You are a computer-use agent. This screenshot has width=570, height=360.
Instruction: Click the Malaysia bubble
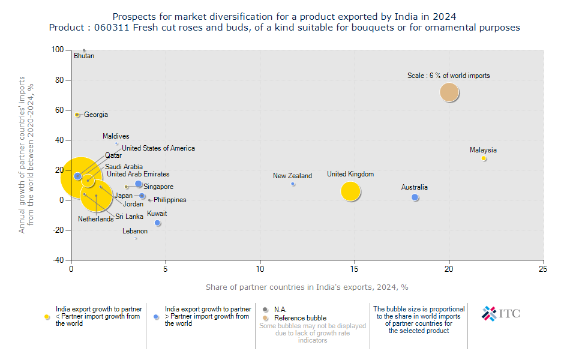click(484, 158)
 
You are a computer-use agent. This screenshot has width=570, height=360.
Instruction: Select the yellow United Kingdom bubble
click(350, 191)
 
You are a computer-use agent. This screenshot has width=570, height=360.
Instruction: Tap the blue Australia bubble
click(415, 197)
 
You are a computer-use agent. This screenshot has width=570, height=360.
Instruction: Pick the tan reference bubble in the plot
click(449, 92)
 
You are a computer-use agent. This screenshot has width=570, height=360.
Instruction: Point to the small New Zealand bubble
click(293, 184)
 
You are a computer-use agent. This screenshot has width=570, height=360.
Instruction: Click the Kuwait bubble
click(157, 223)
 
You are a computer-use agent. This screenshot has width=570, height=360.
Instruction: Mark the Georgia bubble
click(77, 115)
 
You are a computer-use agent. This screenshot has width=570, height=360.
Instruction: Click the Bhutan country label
click(84, 56)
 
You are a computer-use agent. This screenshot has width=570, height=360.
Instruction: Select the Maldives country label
click(116, 137)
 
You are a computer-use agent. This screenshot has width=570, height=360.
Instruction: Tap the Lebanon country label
click(135, 231)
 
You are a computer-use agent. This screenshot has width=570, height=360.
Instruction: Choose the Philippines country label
click(170, 200)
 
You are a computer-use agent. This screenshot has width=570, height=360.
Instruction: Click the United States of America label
click(158, 148)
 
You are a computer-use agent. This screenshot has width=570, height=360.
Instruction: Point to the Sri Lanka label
click(130, 217)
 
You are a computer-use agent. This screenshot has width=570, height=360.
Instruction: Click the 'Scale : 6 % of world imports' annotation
click(448, 76)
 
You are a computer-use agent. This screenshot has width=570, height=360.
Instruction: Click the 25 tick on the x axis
click(544, 268)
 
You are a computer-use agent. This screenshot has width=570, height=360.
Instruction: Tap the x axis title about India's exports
click(307, 287)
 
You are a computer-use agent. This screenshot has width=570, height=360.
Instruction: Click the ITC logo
click(501, 313)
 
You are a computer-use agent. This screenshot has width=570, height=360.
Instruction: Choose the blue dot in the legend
click(156, 316)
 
